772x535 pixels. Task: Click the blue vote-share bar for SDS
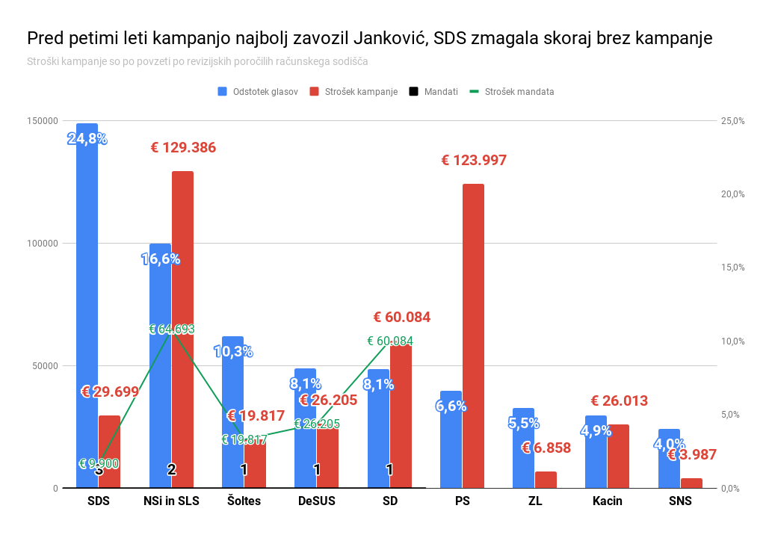(x=87, y=314)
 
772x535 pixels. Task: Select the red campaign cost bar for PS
(x=473, y=336)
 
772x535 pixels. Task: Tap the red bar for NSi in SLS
(x=182, y=336)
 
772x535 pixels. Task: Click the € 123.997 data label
(x=474, y=160)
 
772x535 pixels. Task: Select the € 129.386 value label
(x=183, y=148)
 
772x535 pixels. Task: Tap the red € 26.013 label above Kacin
(x=619, y=401)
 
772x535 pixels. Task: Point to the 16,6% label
(x=161, y=259)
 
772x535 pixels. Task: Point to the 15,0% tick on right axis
(x=732, y=267)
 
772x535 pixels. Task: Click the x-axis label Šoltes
(x=244, y=501)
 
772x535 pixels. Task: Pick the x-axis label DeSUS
(x=316, y=501)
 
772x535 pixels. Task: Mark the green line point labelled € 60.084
(x=389, y=341)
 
